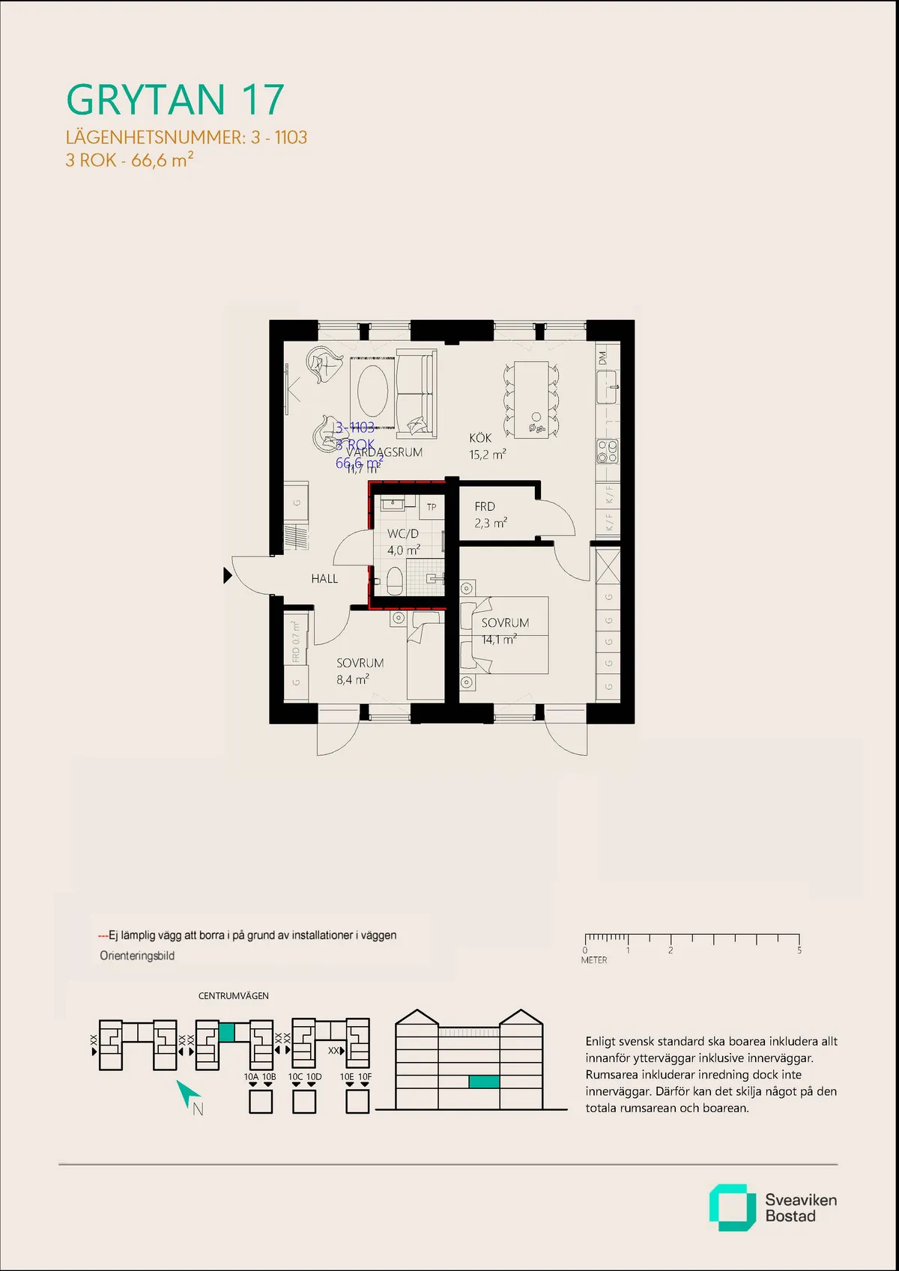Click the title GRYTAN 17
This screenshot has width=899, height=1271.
pos(175,100)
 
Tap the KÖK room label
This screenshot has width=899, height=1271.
pos(480,438)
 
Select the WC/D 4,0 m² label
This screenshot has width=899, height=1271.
pos(403,542)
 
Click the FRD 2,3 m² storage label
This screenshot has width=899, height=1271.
pos(490,515)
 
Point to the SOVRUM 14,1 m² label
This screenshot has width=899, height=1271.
pos(504,631)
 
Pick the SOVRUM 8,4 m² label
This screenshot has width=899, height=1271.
pos(360,671)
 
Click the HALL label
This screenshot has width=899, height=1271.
pos(324,579)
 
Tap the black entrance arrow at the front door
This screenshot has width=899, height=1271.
pos(228,575)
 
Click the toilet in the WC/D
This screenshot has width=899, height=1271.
pos(395,580)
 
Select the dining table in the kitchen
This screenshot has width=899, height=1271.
pos(531,399)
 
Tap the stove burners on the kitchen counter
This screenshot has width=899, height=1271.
pos(608,450)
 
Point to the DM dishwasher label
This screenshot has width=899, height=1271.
pos(602,358)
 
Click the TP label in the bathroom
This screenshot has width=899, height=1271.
pos(432,507)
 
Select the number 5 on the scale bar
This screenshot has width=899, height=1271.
pos(799,950)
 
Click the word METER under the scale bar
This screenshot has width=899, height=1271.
pos(594,960)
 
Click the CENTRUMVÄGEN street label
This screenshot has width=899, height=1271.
pos(233,996)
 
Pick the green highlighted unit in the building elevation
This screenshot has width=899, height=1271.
pos(484,1082)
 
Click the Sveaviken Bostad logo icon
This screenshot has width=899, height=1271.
pos(732,1207)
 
